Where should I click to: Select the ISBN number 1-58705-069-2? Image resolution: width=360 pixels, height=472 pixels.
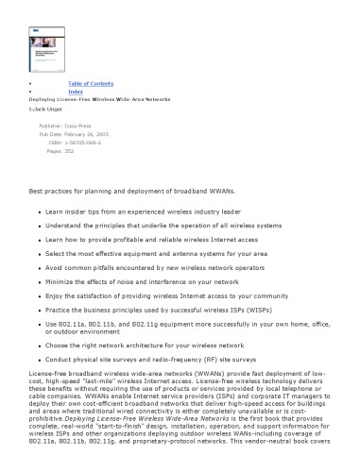pos(82,142)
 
